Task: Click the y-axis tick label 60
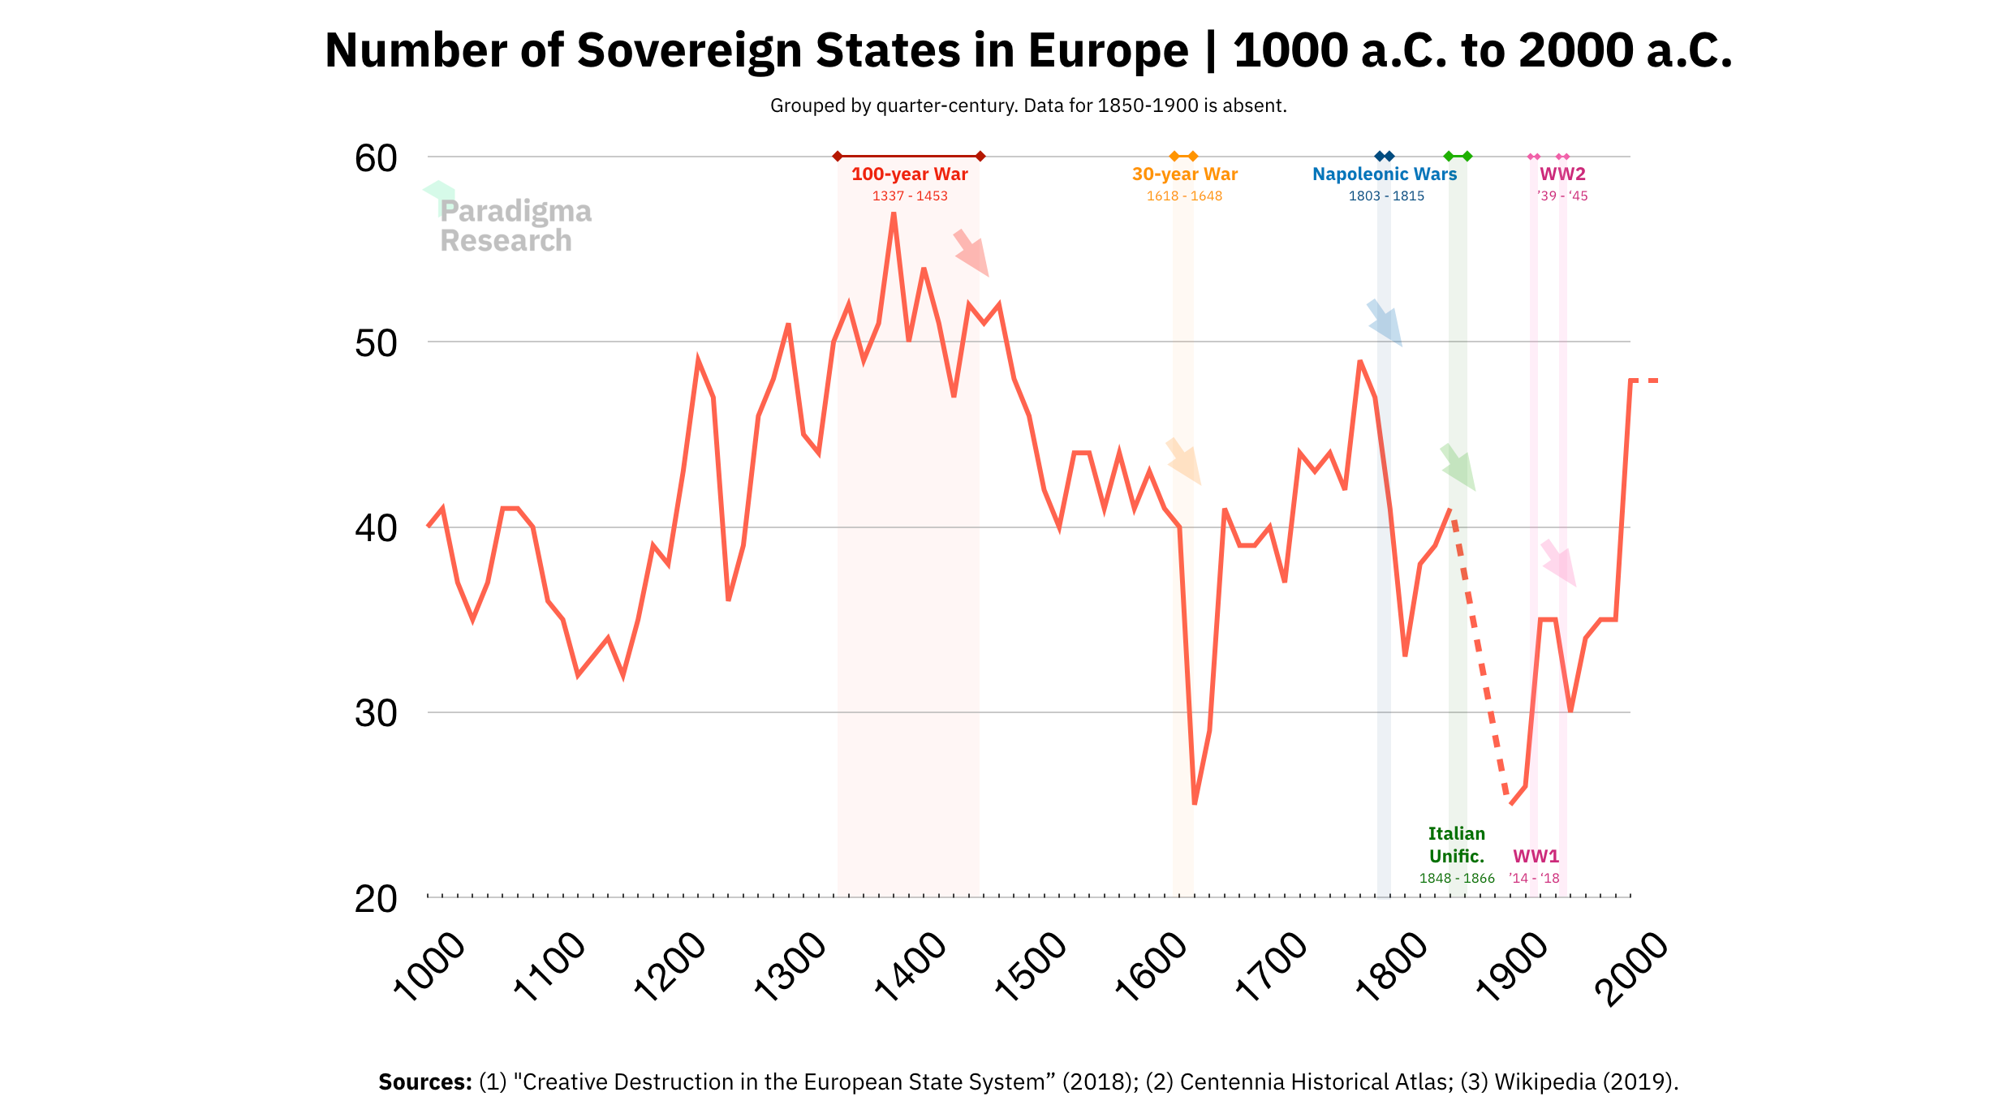click(376, 158)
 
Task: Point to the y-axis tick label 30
click(376, 714)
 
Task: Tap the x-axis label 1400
click(911, 966)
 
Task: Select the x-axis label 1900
click(1512, 966)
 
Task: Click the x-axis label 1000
click(429, 966)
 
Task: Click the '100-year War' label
click(909, 174)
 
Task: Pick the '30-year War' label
click(1184, 174)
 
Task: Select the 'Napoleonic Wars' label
click(1385, 174)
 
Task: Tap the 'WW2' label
click(1562, 174)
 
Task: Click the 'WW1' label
click(1536, 856)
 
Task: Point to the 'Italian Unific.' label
click(1457, 845)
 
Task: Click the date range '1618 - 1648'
click(1184, 196)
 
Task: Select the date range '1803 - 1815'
click(1386, 196)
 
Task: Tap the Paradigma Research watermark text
click(515, 226)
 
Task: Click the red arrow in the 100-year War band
click(971, 252)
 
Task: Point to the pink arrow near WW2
click(1559, 563)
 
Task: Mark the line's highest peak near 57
click(894, 214)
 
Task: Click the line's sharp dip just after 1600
click(1195, 802)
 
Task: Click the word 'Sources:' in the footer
click(424, 1081)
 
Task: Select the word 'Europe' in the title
click(1108, 50)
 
